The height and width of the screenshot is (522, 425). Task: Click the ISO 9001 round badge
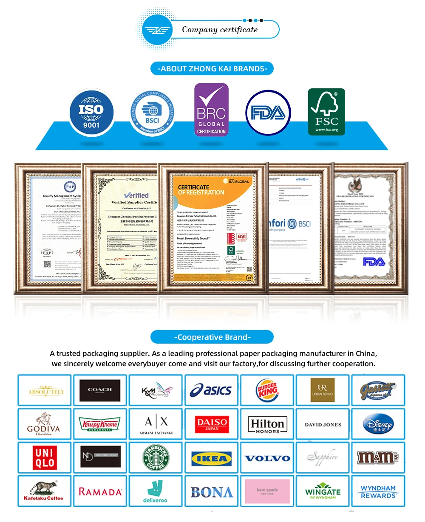[91, 111]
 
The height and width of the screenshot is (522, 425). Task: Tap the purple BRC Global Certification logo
[211, 110]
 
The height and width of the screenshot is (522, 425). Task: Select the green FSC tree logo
[326, 112]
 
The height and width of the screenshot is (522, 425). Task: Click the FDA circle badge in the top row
[268, 113]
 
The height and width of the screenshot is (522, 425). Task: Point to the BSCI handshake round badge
[152, 113]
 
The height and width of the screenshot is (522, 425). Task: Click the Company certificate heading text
[220, 30]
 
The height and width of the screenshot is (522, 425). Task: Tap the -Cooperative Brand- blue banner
[212, 337]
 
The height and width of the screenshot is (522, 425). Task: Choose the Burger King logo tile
[267, 390]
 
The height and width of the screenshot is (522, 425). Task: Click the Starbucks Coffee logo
[156, 457]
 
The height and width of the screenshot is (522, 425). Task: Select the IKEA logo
[211, 458]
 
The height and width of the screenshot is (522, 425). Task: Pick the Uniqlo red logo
[45, 457]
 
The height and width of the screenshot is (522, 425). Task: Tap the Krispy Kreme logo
[100, 424]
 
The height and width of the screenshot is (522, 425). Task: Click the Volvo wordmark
[267, 458]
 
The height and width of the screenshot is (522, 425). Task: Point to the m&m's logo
[378, 457]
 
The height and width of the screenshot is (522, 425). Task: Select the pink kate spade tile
[267, 491]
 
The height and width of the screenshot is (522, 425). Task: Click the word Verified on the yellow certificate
[136, 195]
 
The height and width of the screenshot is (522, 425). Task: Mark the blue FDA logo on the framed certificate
[374, 262]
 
